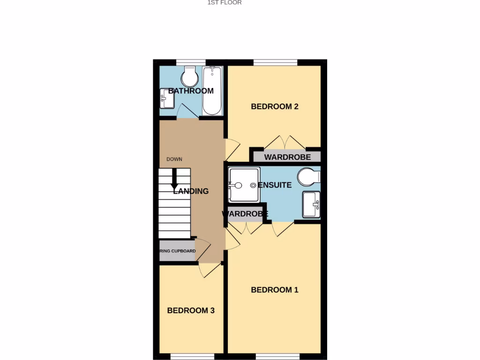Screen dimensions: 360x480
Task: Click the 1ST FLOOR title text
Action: point(225,3)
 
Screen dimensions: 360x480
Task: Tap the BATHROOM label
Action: point(191,91)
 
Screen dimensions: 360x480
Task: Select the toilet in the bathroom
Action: point(190,77)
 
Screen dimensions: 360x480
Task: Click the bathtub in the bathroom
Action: point(212,91)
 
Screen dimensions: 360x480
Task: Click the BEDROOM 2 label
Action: point(275,106)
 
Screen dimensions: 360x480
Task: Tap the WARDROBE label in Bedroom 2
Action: point(287,157)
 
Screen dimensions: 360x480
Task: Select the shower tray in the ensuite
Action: point(243,185)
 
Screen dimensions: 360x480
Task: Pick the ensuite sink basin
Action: point(311,204)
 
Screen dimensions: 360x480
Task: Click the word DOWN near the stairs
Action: point(174,159)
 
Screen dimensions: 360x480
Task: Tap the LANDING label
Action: point(191,191)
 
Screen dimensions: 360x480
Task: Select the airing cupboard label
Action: point(178,251)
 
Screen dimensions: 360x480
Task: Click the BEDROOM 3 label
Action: point(191,310)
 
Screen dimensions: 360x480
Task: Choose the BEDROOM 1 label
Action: point(275,290)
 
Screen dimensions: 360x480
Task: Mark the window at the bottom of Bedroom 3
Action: point(189,356)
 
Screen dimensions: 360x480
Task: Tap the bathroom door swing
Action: point(186,112)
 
